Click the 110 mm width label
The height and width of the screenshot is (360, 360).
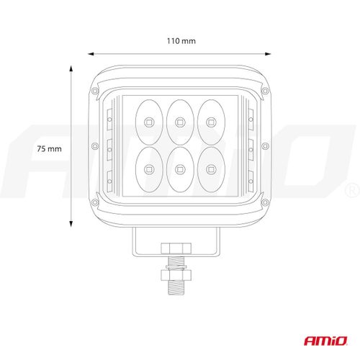pyautogui.click(x=179, y=42)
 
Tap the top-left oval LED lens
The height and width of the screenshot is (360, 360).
pyautogui.click(x=148, y=120)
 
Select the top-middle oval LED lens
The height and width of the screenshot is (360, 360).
pyautogui.click(x=179, y=120)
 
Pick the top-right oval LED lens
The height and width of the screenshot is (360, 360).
pyautogui.click(x=210, y=120)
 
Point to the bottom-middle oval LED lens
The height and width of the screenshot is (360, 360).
pyautogui.click(x=179, y=169)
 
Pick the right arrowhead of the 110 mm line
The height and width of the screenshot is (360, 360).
pyautogui.click(x=268, y=53)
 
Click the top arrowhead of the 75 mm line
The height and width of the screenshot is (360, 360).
pyautogui.click(x=71, y=68)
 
